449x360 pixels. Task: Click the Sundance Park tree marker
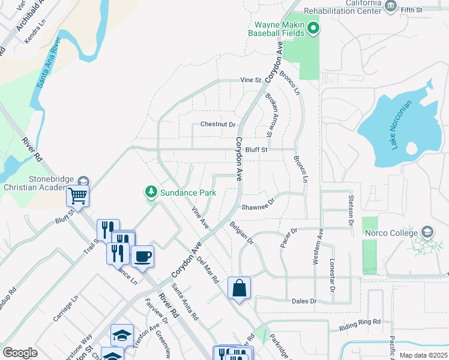click(151, 192)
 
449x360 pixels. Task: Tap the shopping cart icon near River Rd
click(78, 195)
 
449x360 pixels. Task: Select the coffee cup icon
click(143, 256)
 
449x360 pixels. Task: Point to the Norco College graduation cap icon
click(427, 232)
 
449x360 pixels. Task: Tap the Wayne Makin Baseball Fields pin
click(313, 28)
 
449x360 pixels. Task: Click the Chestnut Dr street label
click(218, 125)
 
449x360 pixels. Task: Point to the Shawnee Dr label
click(258, 207)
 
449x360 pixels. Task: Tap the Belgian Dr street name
click(242, 233)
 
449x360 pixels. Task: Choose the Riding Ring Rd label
click(360, 322)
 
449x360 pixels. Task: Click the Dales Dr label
click(304, 301)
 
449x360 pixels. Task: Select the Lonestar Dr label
click(331, 275)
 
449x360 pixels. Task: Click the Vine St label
click(251, 80)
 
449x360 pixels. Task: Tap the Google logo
click(20, 353)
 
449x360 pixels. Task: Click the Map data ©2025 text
click(423, 355)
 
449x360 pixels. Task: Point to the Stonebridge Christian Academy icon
click(83, 181)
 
